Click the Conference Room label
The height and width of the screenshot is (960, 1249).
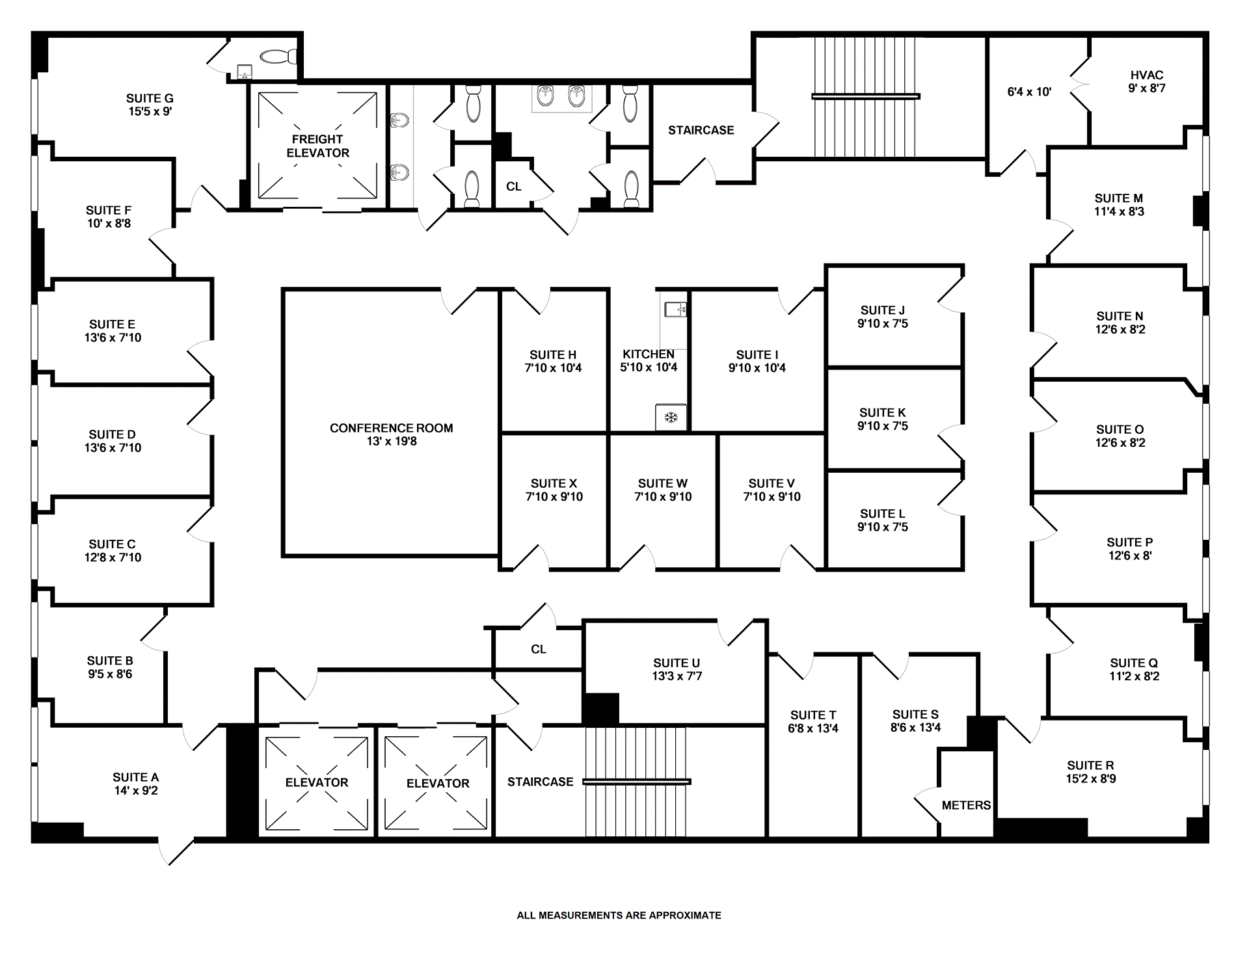coord(391,428)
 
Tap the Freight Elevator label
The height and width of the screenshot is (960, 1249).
coord(317,146)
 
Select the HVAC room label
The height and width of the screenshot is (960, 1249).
coord(1146,75)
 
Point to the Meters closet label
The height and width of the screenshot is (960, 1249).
coord(966,805)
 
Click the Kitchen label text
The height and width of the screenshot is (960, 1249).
coord(648,354)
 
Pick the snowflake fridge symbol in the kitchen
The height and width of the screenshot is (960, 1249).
coord(671,417)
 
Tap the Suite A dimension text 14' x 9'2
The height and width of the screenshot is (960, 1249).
coord(136,791)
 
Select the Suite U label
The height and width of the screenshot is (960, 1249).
coord(677,663)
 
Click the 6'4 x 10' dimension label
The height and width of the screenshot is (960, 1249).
coord(1029,92)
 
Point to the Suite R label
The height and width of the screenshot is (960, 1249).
coord(1090,766)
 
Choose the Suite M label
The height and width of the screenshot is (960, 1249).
coord(1118,198)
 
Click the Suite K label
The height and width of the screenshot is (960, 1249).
coord(882,413)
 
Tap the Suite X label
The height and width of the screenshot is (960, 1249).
coord(554,483)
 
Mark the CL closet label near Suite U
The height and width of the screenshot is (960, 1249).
coord(538,649)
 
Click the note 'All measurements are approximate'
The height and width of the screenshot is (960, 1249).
coord(619,915)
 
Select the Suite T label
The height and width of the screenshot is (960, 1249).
coord(813,715)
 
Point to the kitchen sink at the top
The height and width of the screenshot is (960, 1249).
coord(677,309)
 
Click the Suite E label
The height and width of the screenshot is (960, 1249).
coord(112,325)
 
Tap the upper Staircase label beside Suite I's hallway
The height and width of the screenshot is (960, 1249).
coord(701,130)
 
